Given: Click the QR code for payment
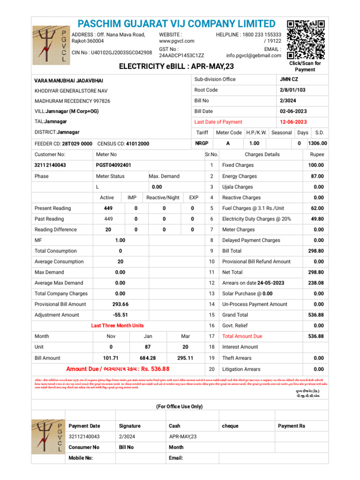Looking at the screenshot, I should [305, 39].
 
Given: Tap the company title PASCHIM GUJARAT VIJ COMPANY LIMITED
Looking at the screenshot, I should [176, 24].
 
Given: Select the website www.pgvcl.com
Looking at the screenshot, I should [177, 41].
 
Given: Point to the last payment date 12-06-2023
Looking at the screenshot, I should [293, 122].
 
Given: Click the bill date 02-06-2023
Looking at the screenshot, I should [293, 111].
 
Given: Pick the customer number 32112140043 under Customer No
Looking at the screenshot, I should [51, 165].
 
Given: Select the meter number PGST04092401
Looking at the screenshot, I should [113, 165].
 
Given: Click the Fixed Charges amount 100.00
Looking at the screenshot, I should [315, 165].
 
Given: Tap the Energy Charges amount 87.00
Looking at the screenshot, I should [317, 176].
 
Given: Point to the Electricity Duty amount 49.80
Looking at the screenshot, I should [317, 219].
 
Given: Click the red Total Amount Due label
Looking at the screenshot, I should [242, 337].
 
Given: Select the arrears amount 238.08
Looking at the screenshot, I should [315, 283].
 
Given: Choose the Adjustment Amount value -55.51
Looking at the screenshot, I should [120, 315].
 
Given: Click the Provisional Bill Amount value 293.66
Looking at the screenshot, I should [120, 304].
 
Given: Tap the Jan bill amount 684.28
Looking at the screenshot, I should [147, 358].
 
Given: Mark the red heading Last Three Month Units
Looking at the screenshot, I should [117, 326].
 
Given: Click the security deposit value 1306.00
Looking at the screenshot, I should [317, 143].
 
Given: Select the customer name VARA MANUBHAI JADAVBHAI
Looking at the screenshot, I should [69, 81].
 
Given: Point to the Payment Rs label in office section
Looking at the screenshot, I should [291, 426].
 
